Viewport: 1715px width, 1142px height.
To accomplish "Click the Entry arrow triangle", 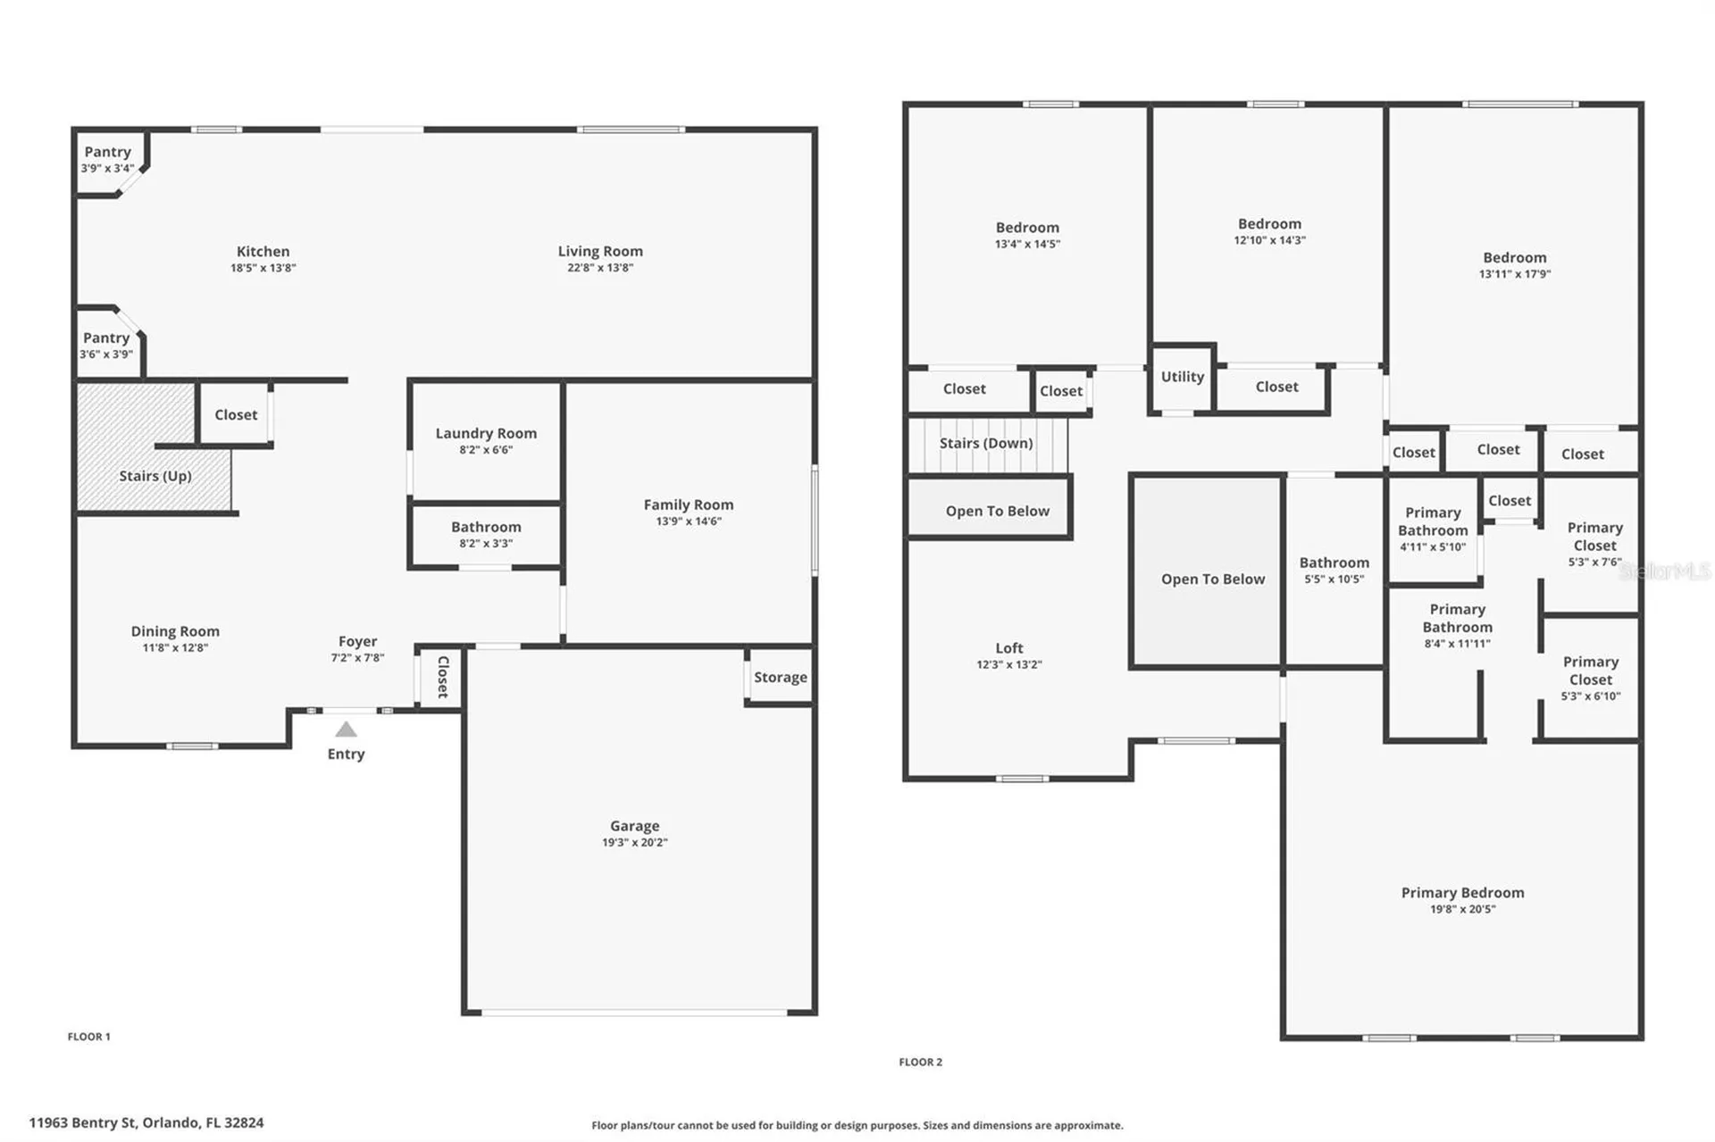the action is tap(346, 729).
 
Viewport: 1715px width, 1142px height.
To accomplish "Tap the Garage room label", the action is tap(634, 826).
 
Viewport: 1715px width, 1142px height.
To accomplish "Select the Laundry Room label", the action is tap(486, 433).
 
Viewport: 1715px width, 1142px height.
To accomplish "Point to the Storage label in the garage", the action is tap(780, 677).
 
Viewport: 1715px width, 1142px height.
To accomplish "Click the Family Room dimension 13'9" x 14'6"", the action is tap(689, 521).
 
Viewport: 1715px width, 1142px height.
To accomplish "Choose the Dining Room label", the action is tap(175, 631).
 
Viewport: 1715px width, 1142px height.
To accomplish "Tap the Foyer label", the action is tap(357, 641).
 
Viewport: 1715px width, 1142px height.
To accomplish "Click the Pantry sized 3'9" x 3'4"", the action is tap(108, 159).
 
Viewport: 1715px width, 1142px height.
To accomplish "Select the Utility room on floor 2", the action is tap(1183, 378).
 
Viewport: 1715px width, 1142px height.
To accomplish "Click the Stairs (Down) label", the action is tap(986, 443).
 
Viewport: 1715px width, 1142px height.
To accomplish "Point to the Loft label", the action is tap(1009, 648).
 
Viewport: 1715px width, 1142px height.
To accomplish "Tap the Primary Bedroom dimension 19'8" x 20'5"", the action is tap(1462, 909).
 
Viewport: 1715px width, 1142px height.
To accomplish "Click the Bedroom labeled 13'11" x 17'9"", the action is tap(1515, 265).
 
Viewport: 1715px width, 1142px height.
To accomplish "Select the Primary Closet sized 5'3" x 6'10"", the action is tap(1591, 679).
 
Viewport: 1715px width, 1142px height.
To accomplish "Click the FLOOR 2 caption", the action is tap(920, 1062).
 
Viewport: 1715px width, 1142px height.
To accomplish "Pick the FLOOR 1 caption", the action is tap(89, 1037).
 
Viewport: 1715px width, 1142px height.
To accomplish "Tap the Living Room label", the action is tap(600, 252).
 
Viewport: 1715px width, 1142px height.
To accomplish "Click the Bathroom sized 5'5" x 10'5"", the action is tap(1334, 570).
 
